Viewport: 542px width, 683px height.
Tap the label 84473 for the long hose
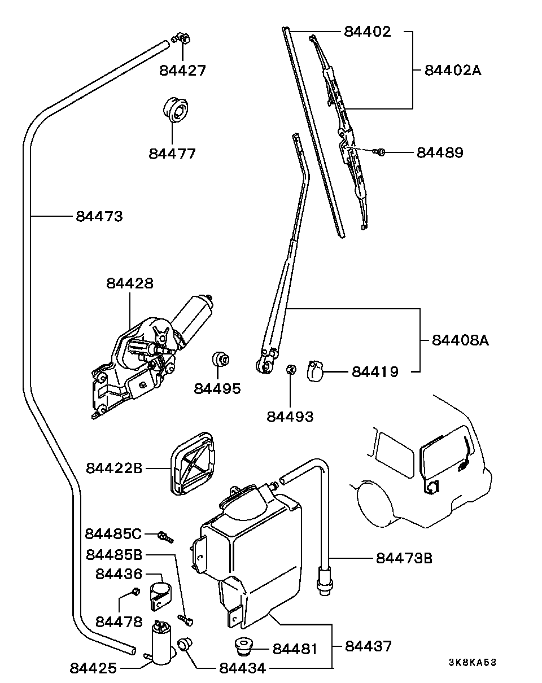pyautogui.click(x=99, y=216)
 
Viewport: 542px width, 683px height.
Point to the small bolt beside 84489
pyautogui.click(x=381, y=152)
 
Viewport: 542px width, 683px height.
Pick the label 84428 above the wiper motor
pyautogui.click(x=129, y=283)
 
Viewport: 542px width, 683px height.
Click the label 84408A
pyautogui.click(x=460, y=340)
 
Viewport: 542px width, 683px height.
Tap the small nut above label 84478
pyautogui.click(x=135, y=591)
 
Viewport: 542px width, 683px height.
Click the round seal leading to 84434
pyautogui.click(x=184, y=645)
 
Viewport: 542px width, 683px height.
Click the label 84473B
pyautogui.click(x=404, y=558)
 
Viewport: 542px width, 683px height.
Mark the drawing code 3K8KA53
pyautogui.click(x=473, y=662)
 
